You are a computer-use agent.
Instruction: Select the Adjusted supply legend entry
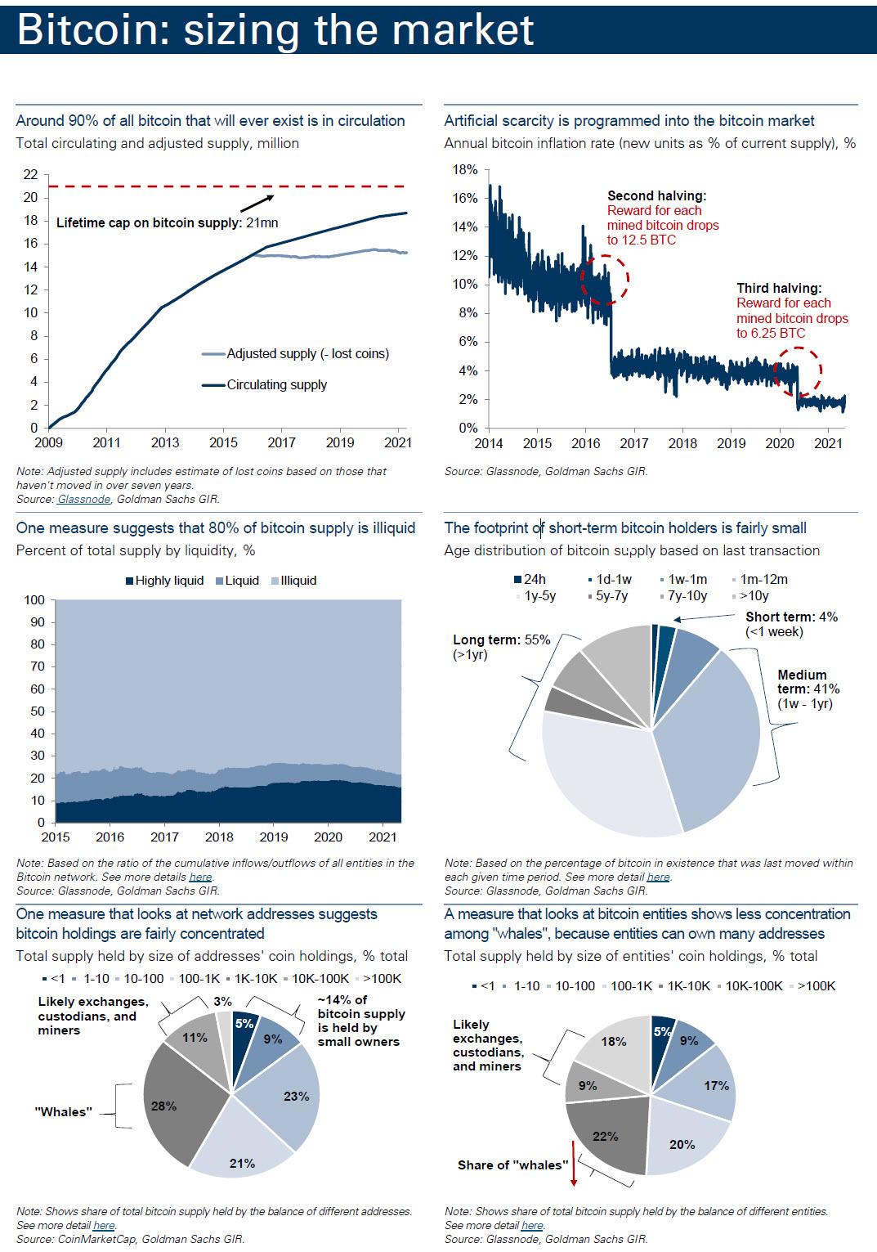pyautogui.click(x=307, y=354)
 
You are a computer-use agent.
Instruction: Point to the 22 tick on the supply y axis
pyautogui.click(x=30, y=174)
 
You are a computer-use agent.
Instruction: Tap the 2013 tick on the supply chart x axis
pyautogui.click(x=165, y=443)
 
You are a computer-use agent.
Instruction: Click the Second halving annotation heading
pyautogui.click(x=656, y=196)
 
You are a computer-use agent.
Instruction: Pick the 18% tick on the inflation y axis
pyautogui.click(x=464, y=170)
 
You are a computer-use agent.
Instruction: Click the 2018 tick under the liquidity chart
pyautogui.click(x=219, y=837)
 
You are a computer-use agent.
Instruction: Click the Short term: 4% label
pyautogui.click(x=791, y=617)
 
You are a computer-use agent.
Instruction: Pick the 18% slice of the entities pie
pyautogui.click(x=614, y=1043)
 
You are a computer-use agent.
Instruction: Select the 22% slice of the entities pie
pyautogui.click(x=606, y=1135)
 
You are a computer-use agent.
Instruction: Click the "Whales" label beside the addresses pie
pyautogui.click(x=64, y=1112)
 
